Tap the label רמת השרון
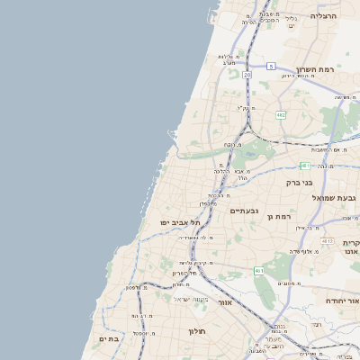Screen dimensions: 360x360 315,69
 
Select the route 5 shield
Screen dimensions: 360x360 271,66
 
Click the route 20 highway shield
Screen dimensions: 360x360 247,75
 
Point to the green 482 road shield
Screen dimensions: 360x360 281,115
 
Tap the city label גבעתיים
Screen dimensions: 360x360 244,211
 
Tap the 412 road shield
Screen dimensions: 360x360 328,241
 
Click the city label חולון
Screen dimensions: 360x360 198,331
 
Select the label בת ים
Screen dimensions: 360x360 109,338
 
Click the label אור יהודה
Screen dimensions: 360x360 341,302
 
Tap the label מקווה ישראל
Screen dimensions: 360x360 190,299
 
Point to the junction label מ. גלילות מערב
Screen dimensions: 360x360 229,59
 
